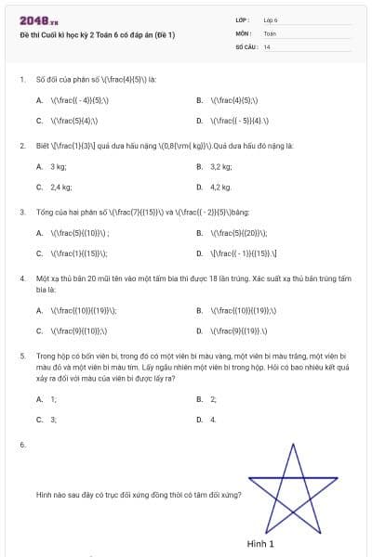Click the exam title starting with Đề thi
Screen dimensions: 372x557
click(x=97, y=34)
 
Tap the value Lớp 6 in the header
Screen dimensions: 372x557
click(x=271, y=19)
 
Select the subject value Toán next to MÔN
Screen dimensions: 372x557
click(x=270, y=32)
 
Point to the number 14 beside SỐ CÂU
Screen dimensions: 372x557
click(x=267, y=45)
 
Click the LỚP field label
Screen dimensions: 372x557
click(x=243, y=19)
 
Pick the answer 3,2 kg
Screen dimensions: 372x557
click(x=220, y=166)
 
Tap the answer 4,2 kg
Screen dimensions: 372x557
click(x=220, y=187)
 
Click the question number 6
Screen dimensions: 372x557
click(x=21, y=447)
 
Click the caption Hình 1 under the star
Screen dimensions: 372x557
click(x=260, y=543)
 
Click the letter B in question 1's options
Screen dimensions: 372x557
click(x=200, y=99)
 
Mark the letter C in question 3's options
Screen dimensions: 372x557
click(x=40, y=253)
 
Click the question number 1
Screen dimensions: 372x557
click(x=21, y=79)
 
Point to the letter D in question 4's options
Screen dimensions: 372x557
click(x=200, y=330)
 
